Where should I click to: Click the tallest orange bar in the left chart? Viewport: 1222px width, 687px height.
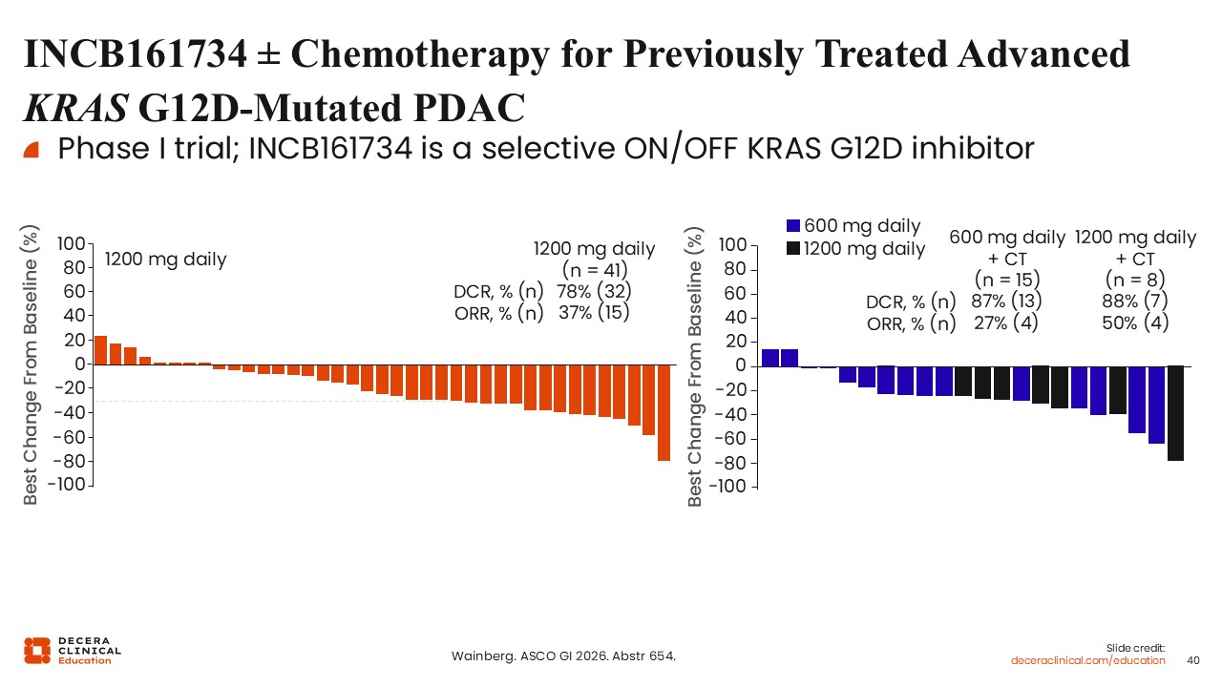click(x=100, y=350)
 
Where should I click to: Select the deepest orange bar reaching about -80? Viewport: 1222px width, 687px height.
click(x=664, y=412)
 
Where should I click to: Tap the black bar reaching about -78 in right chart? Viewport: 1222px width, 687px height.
click(x=1175, y=412)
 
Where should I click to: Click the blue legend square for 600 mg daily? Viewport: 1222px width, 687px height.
click(x=792, y=226)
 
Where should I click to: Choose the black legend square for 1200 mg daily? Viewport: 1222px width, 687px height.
click(x=792, y=249)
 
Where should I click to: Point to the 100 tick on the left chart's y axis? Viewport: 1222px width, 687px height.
click(x=73, y=244)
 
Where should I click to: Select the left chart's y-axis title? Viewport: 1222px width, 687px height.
click(x=31, y=364)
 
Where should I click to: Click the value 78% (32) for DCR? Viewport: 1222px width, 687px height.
click(x=594, y=291)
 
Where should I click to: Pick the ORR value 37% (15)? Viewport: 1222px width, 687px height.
click(x=594, y=311)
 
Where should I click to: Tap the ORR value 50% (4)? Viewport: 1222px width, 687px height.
click(x=1135, y=323)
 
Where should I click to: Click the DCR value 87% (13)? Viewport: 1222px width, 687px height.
click(x=1006, y=301)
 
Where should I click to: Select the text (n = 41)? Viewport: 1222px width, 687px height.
click(x=594, y=269)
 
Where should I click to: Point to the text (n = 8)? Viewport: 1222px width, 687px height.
click(x=1135, y=280)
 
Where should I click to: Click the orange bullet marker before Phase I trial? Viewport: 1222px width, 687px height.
click(x=31, y=150)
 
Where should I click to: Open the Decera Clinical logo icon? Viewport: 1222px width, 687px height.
click(x=37, y=650)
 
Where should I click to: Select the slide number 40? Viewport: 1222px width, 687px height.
click(x=1192, y=660)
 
